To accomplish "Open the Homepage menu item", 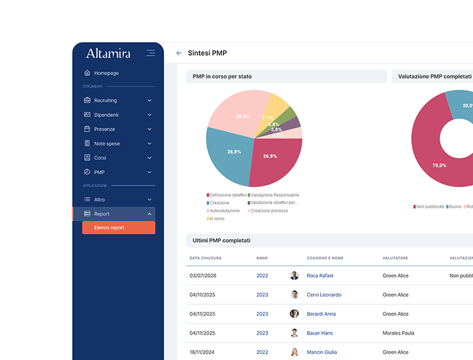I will point(106,73).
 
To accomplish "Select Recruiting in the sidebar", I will point(105,100).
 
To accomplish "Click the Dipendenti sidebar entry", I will point(106,115).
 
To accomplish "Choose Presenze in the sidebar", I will point(105,129).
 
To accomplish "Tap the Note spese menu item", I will point(107,144).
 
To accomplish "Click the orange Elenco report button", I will point(118,228).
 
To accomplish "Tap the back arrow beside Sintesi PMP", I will point(179,53).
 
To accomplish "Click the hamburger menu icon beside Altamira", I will point(151,53).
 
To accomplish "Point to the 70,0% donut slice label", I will point(439,165).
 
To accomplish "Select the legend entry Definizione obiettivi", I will point(227,195).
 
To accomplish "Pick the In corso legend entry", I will point(216,219).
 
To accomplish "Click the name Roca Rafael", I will point(319,275).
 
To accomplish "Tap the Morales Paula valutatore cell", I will point(399,332).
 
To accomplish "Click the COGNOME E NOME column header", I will point(325,258).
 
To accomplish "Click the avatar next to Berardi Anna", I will point(294,314).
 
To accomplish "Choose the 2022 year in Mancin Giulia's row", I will point(262,352).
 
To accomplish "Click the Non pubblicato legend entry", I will point(430,207).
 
